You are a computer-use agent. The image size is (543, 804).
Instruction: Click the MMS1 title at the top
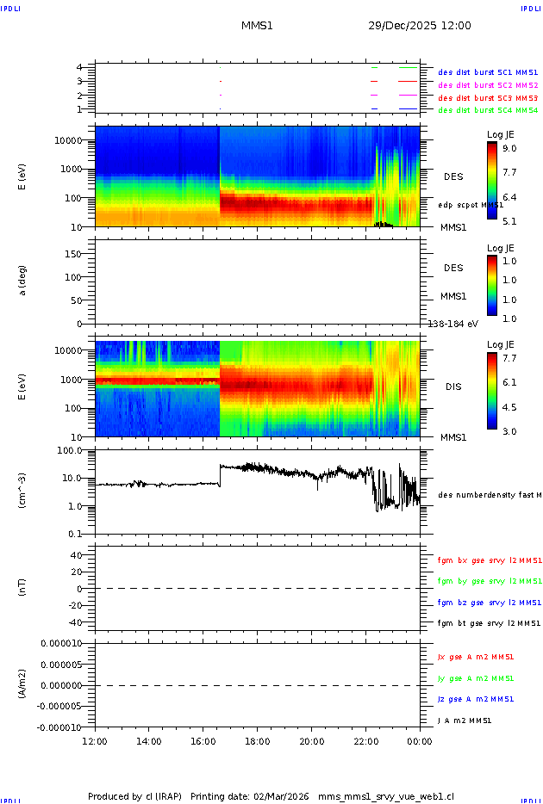pyautogui.click(x=257, y=26)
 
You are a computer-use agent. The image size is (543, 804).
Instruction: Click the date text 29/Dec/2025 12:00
pyautogui.click(x=419, y=26)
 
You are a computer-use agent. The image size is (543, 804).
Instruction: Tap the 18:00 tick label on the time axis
pyautogui.click(x=258, y=741)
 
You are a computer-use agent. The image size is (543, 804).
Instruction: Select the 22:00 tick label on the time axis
pyautogui.click(x=366, y=741)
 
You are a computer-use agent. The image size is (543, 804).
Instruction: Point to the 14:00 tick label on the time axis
pyautogui.click(x=149, y=741)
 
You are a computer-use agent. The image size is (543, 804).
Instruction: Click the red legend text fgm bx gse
pyautogui.click(x=489, y=560)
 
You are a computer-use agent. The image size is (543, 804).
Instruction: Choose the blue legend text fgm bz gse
pyautogui.click(x=489, y=603)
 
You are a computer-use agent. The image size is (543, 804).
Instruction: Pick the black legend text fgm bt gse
pyautogui.click(x=489, y=623)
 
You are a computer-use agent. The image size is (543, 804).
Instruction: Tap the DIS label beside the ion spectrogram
pyautogui.click(x=453, y=387)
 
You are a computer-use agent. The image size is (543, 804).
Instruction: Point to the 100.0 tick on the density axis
pyautogui.click(x=70, y=450)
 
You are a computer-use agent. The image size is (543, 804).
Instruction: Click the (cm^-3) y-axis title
pyautogui.click(x=23, y=492)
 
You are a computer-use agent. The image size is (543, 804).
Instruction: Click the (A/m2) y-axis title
pyautogui.click(x=23, y=685)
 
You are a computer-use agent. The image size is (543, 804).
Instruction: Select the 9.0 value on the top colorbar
pyautogui.click(x=509, y=148)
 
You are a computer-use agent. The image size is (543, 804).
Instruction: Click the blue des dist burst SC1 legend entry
pyautogui.click(x=488, y=72)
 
